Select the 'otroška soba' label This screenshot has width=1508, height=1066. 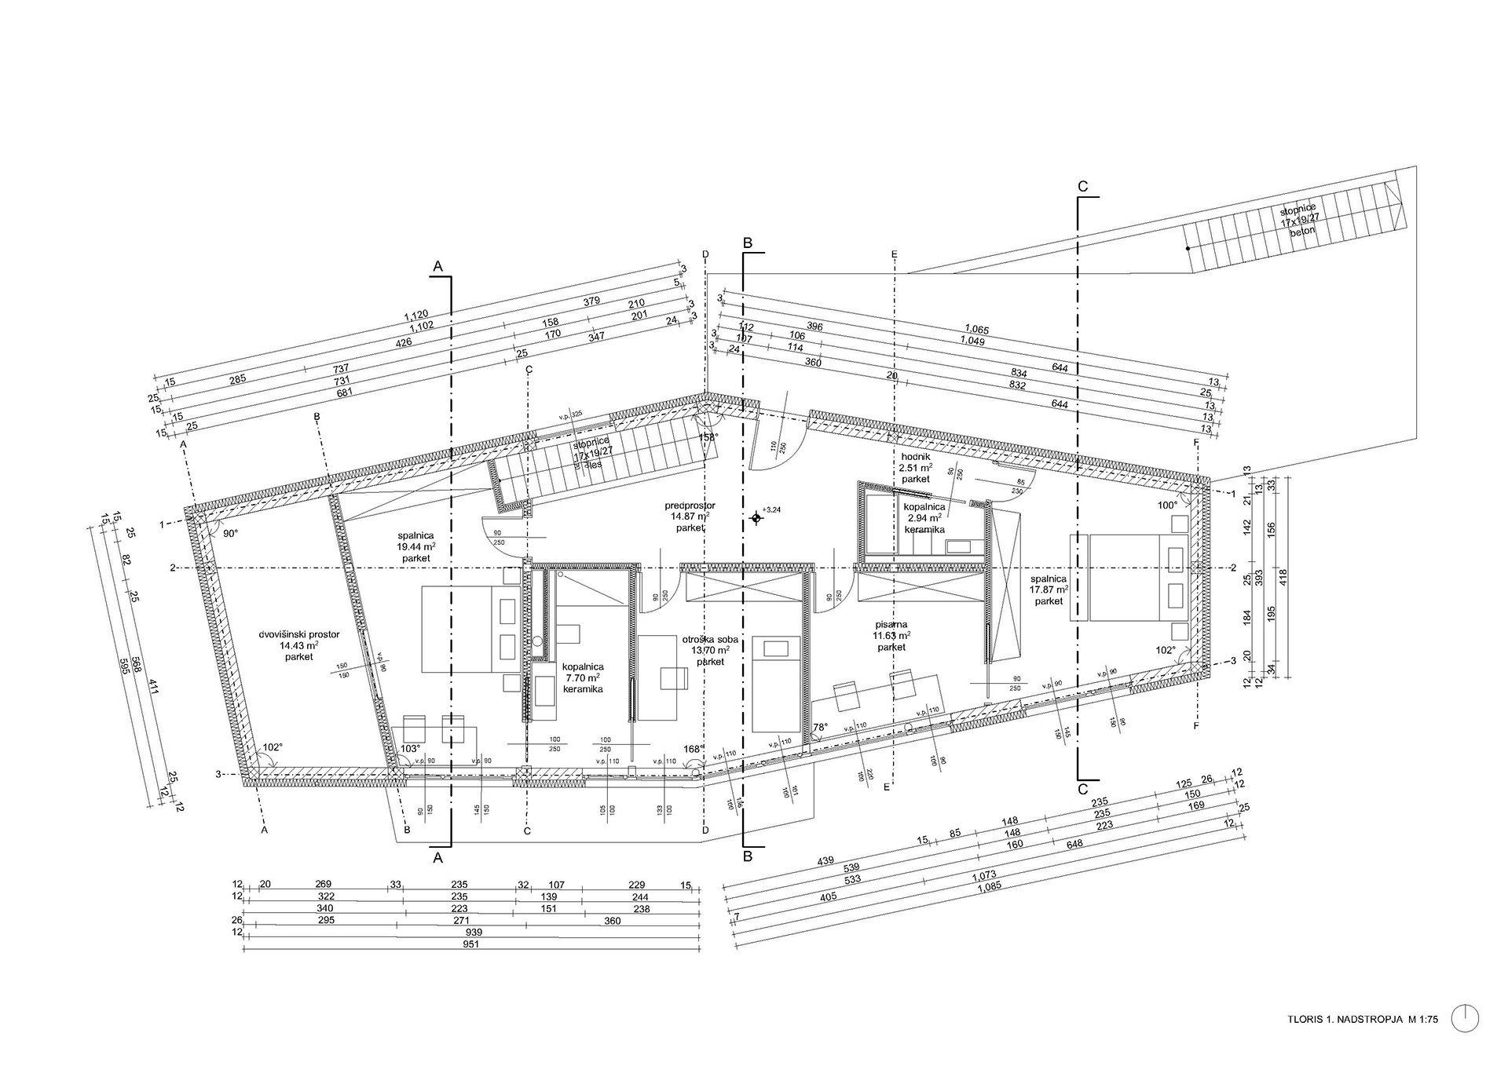click(710, 639)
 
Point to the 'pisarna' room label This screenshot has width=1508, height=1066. click(891, 625)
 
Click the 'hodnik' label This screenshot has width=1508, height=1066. click(915, 456)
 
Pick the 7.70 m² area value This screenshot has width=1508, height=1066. click(582, 677)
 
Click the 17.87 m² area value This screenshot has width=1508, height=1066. click(1049, 590)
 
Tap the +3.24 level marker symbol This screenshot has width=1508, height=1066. click(756, 518)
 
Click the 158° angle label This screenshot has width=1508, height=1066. click(709, 437)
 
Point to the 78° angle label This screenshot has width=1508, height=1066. click(820, 728)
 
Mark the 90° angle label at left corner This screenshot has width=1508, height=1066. click(231, 533)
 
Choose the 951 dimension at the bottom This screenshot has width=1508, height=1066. click(472, 944)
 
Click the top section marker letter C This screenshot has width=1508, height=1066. click(1083, 187)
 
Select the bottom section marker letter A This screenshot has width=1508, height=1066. click(438, 858)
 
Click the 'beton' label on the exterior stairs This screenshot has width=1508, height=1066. click(1301, 233)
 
